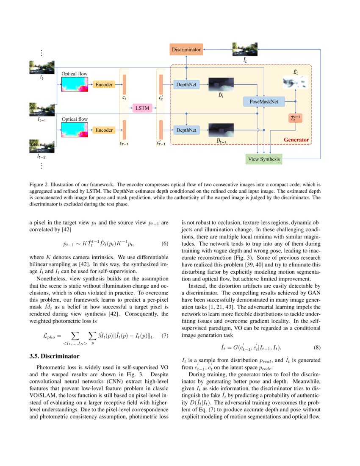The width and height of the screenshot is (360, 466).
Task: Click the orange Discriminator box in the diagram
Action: point(186,50)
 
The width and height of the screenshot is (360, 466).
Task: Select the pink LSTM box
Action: point(142,108)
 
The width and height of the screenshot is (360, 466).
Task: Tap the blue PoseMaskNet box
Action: point(264,101)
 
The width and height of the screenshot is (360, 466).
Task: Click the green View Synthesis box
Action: point(264,159)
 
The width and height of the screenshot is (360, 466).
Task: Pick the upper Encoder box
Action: point(104,85)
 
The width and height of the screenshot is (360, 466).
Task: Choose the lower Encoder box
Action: point(104,130)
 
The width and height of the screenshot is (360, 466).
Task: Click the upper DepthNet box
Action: point(186,85)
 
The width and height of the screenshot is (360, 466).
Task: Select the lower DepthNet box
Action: point(186,130)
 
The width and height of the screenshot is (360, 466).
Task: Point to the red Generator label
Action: point(296,139)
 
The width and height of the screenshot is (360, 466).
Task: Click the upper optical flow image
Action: point(75,85)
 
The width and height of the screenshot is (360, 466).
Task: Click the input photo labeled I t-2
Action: point(41,147)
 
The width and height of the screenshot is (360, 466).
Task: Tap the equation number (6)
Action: point(166,244)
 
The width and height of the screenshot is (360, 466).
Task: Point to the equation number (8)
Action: point(317,347)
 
